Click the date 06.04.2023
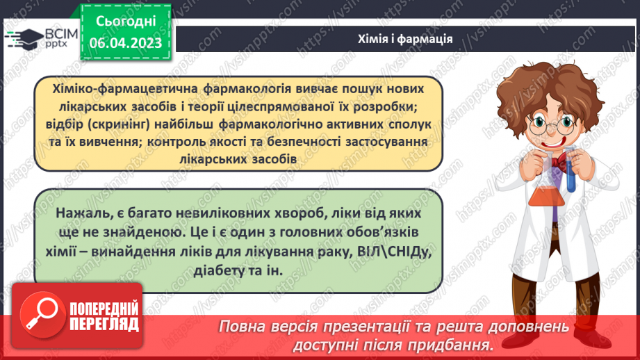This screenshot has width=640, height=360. pos(126,43)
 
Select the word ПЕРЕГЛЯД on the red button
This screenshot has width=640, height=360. pos(104,324)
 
